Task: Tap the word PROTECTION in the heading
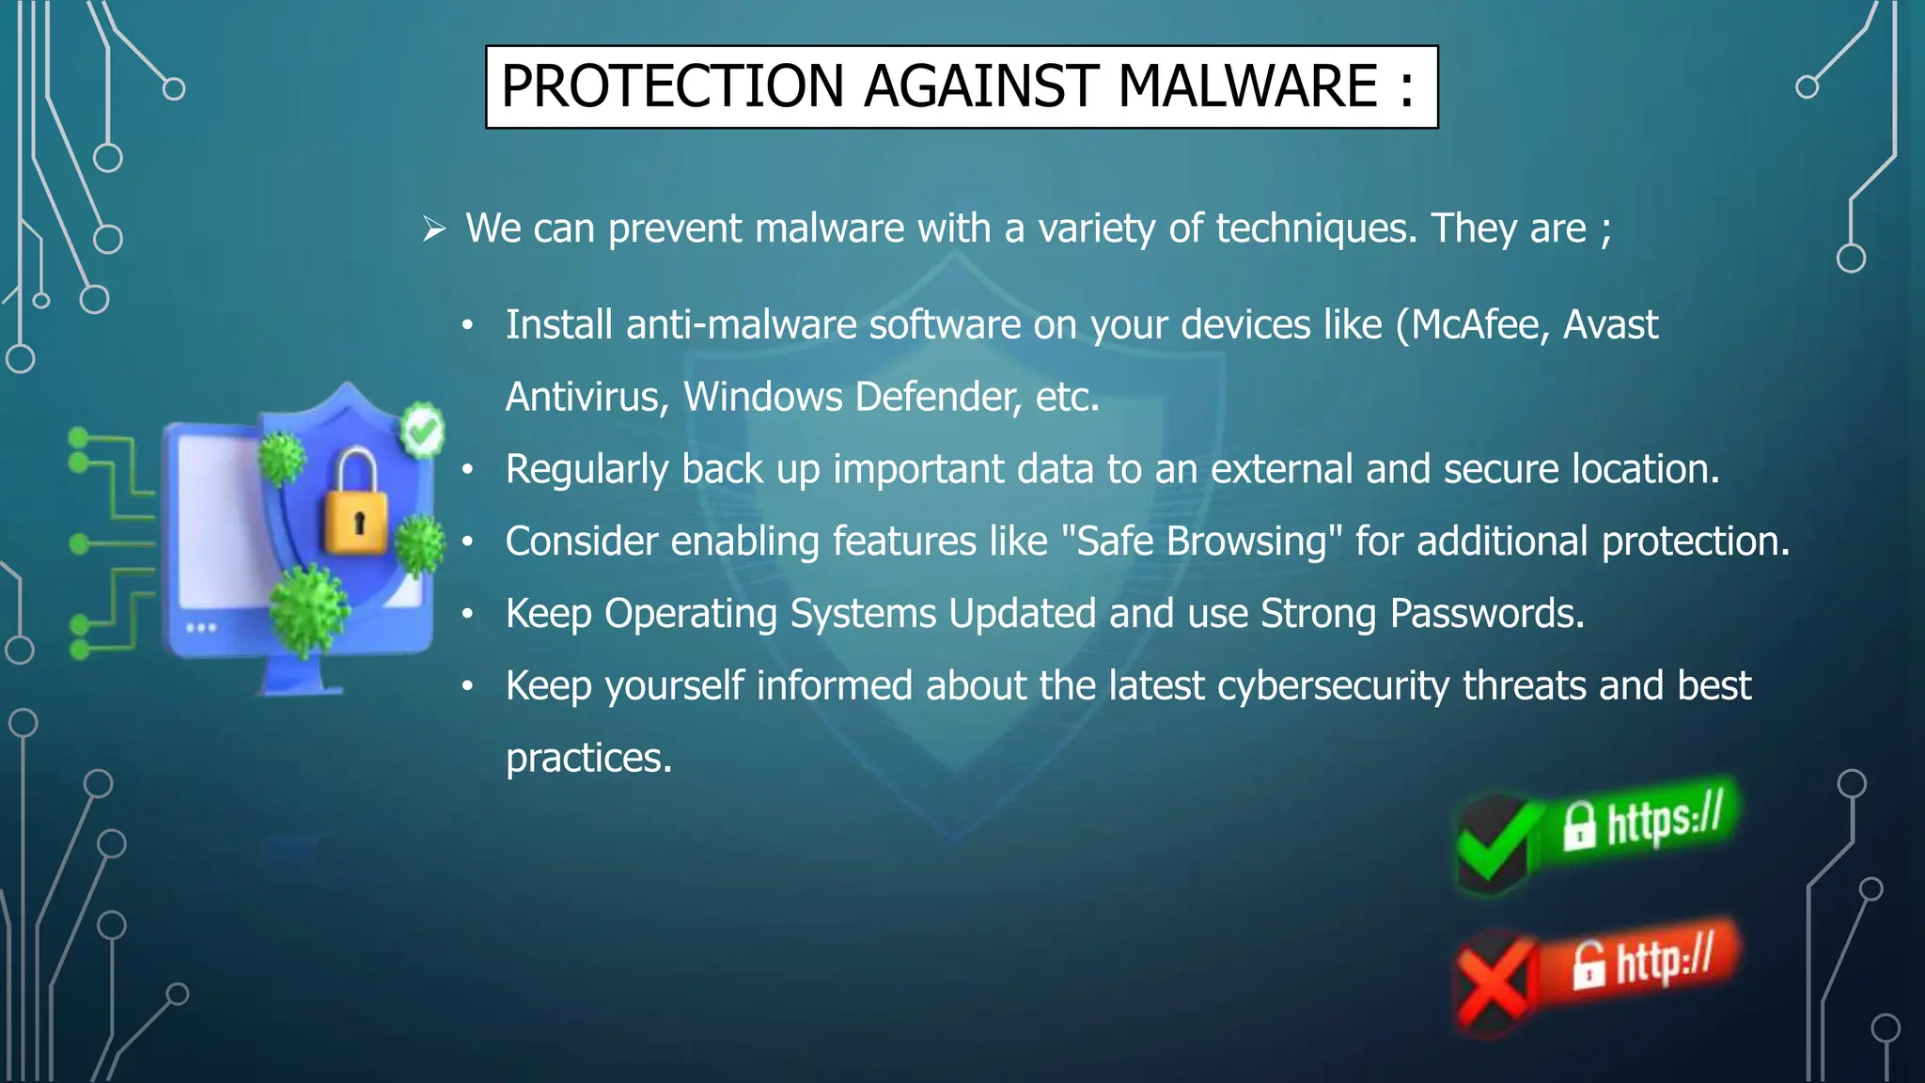[673, 86]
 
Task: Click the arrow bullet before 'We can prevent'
[433, 228]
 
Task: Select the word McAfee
[1474, 325]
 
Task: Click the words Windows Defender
[852, 397]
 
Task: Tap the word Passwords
[1487, 614]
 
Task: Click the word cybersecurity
[1333, 686]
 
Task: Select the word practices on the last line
[588, 758]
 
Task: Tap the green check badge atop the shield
[423, 431]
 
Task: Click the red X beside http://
[1491, 982]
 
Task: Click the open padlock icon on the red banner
[1589, 965]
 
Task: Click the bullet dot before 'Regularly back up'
[467, 469]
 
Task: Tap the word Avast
[1610, 325]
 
